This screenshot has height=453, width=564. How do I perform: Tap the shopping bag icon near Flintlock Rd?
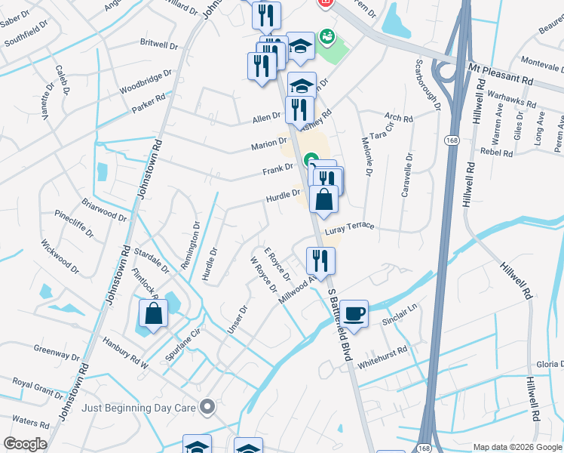(153, 315)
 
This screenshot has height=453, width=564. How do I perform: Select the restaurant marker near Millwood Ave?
(320, 261)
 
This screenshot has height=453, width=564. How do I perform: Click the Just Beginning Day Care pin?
(208, 408)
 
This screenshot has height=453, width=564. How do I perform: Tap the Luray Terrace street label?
(349, 227)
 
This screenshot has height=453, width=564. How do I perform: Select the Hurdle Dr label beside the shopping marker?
(283, 196)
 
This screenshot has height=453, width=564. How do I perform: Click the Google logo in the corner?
(25, 444)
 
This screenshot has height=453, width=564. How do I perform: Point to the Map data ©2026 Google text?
(516, 447)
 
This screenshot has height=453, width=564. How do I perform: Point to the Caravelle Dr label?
(407, 176)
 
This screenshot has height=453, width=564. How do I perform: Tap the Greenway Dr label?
(57, 352)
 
